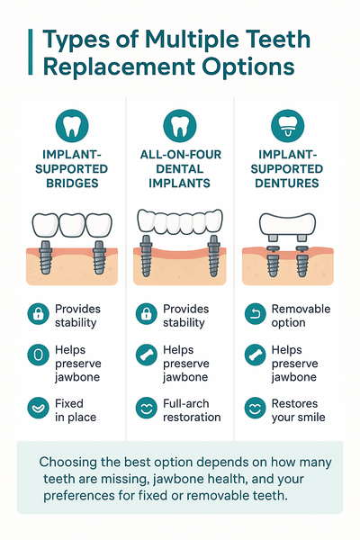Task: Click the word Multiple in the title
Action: pyautogui.click(x=193, y=40)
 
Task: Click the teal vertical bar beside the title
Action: pyautogui.click(x=31, y=52)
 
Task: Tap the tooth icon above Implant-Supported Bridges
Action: pyautogui.click(x=72, y=126)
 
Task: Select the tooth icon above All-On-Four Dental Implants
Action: pyautogui.click(x=179, y=126)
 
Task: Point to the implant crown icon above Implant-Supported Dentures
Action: pyautogui.click(x=288, y=126)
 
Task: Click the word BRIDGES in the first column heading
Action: pyautogui.click(x=72, y=184)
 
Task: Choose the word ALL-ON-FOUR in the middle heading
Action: pyautogui.click(x=181, y=155)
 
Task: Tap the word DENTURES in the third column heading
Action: pyautogui.click(x=287, y=184)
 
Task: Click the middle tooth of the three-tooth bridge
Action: pyautogui.click(x=72, y=225)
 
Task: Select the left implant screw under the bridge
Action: pyautogui.click(x=46, y=256)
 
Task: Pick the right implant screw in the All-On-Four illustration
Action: pyautogui.click(x=214, y=256)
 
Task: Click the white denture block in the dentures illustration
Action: pyautogui.click(x=287, y=224)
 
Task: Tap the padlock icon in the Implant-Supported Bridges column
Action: pyautogui.click(x=38, y=314)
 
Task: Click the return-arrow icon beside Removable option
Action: pyautogui.click(x=256, y=314)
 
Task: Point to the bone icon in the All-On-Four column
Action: pyautogui.click(x=147, y=355)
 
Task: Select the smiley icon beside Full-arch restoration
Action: pyautogui.click(x=147, y=408)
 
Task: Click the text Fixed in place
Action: pyautogui.click(x=76, y=410)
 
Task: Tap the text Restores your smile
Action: pyautogui.click(x=298, y=410)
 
